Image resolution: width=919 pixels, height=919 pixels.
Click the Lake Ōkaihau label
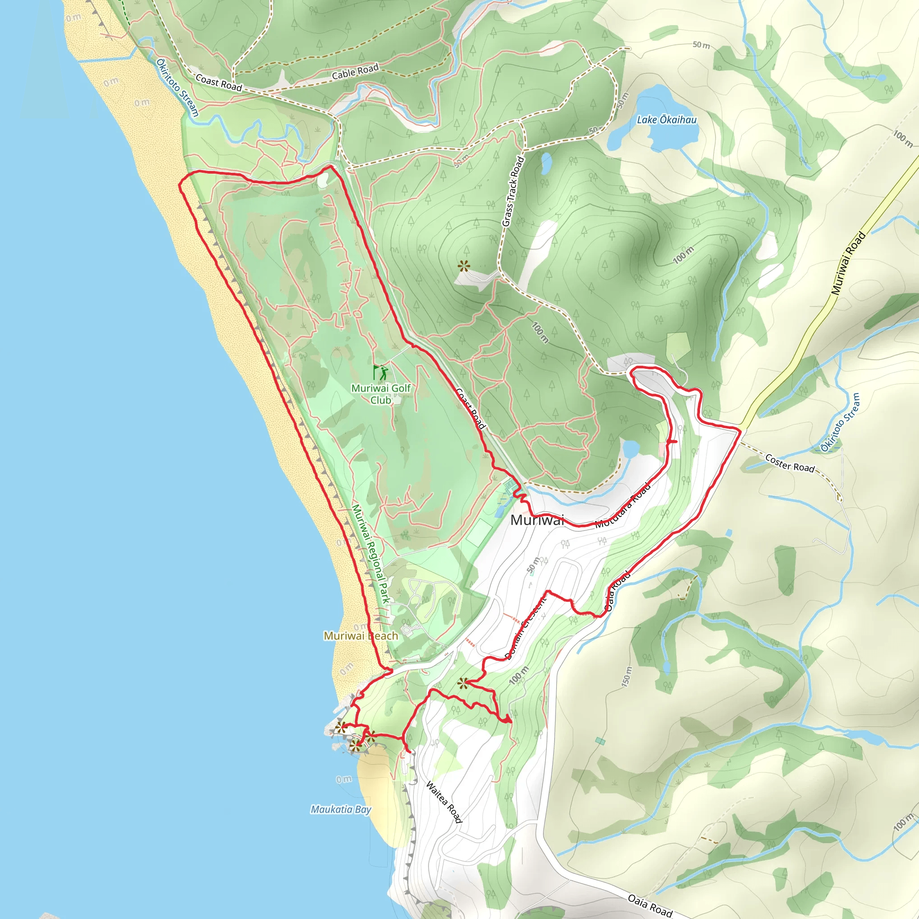666,120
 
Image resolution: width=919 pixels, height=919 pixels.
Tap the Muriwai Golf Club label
381,394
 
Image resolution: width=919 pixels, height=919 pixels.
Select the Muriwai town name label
537,520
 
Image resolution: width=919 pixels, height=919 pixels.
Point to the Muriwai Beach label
361,636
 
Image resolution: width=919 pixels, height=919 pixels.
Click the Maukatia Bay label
341,809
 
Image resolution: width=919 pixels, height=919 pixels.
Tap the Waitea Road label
444,801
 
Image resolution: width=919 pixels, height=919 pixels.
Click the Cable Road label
355,72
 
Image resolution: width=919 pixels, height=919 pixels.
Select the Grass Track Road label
513,191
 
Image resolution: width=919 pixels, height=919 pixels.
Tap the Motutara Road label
623,506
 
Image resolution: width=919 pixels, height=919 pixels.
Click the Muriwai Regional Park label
370,554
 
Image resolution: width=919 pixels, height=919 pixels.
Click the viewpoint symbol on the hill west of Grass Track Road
463,266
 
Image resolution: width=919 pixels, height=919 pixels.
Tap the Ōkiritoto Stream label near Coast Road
177,88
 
